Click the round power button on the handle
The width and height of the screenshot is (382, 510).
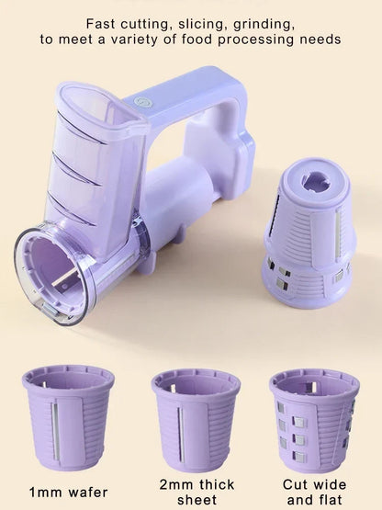pos(141,103)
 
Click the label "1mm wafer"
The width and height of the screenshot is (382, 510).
pos(68,493)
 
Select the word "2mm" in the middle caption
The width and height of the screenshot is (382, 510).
pos(176,484)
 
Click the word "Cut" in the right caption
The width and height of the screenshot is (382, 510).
pos(295,484)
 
